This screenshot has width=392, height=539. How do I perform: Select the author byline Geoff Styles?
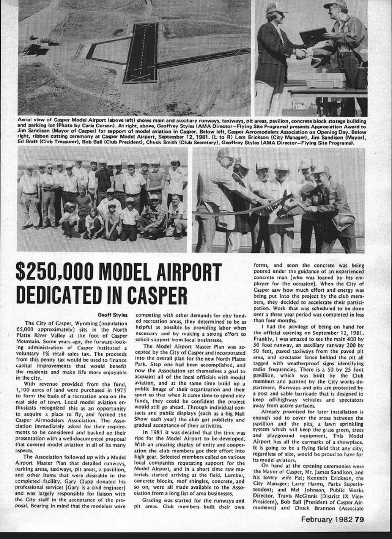(x=113, y=315)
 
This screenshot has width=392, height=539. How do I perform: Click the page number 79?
(x=359, y=520)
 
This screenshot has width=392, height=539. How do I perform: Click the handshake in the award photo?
(x=301, y=53)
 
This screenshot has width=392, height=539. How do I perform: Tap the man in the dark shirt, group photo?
(x=104, y=178)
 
